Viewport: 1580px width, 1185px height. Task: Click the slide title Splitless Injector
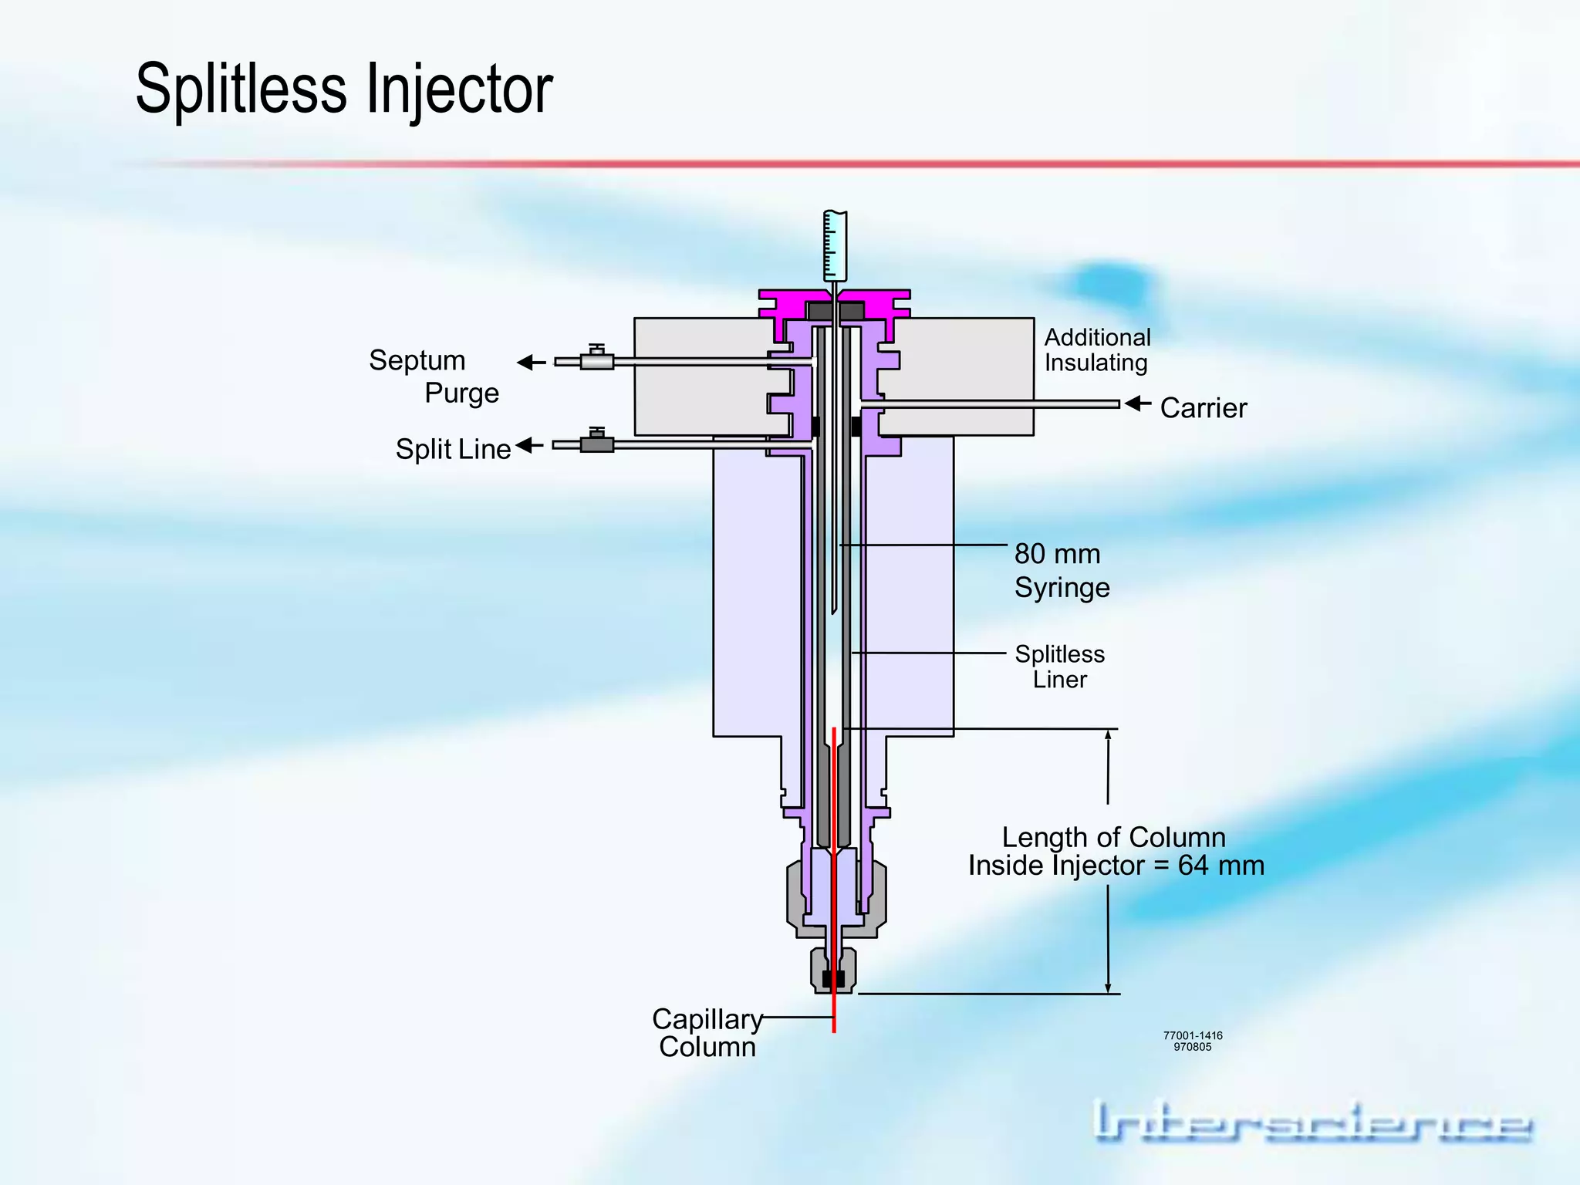(344, 89)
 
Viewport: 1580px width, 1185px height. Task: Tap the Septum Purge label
(433, 376)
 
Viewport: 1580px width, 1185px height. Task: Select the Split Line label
(453, 449)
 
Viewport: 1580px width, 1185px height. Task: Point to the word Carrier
(1203, 408)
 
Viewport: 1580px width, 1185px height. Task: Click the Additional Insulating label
(1097, 350)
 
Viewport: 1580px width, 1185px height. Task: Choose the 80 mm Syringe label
(1062, 571)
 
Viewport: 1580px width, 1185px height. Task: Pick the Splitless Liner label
(1060, 667)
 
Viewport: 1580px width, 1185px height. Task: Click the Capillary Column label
(707, 1033)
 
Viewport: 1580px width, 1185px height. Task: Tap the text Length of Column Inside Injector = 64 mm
(1116, 852)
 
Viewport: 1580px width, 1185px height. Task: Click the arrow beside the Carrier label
(1137, 403)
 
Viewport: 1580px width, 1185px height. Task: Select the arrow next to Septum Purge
(531, 362)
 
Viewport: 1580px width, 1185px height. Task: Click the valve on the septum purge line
(596, 359)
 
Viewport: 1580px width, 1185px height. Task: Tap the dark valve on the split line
(596, 443)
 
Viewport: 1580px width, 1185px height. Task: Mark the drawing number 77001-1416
(1193, 1035)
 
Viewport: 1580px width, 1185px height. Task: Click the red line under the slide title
(849, 164)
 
